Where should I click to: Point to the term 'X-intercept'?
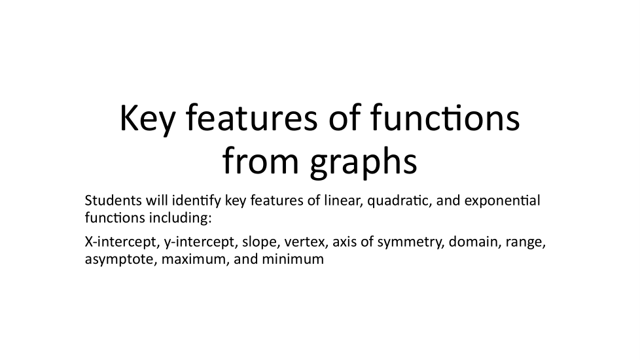(120, 243)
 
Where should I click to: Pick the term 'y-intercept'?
(199, 243)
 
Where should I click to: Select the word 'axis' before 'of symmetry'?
(344, 243)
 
